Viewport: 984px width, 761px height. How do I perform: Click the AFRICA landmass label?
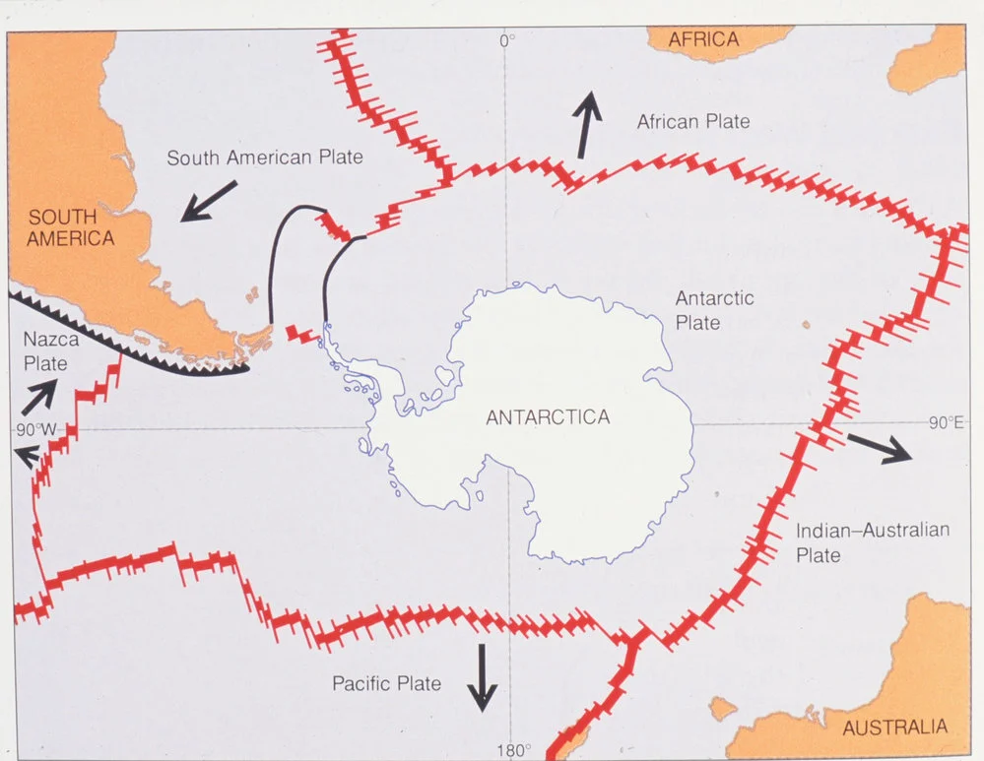(x=703, y=39)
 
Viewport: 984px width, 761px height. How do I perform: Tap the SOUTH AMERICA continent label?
(x=71, y=227)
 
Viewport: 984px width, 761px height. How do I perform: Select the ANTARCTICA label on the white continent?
(x=548, y=417)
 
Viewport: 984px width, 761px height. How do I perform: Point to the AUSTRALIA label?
(x=894, y=728)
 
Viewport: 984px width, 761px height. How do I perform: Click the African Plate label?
(x=693, y=122)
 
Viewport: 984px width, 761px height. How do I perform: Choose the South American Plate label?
(x=265, y=158)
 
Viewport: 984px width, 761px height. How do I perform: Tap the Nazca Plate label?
(x=46, y=350)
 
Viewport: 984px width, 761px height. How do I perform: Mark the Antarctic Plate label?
(x=714, y=310)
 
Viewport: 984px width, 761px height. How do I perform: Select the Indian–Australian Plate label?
(x=872, y=542)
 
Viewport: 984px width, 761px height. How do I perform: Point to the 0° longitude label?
(x=507, y=40)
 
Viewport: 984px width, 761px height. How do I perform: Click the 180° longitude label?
(x=514, y=751)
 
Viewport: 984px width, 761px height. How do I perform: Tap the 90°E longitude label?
(x=945, y=423)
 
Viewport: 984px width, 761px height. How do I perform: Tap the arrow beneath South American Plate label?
(x=209, y=200)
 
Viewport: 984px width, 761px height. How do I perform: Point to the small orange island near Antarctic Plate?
(x=806, y=323)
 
